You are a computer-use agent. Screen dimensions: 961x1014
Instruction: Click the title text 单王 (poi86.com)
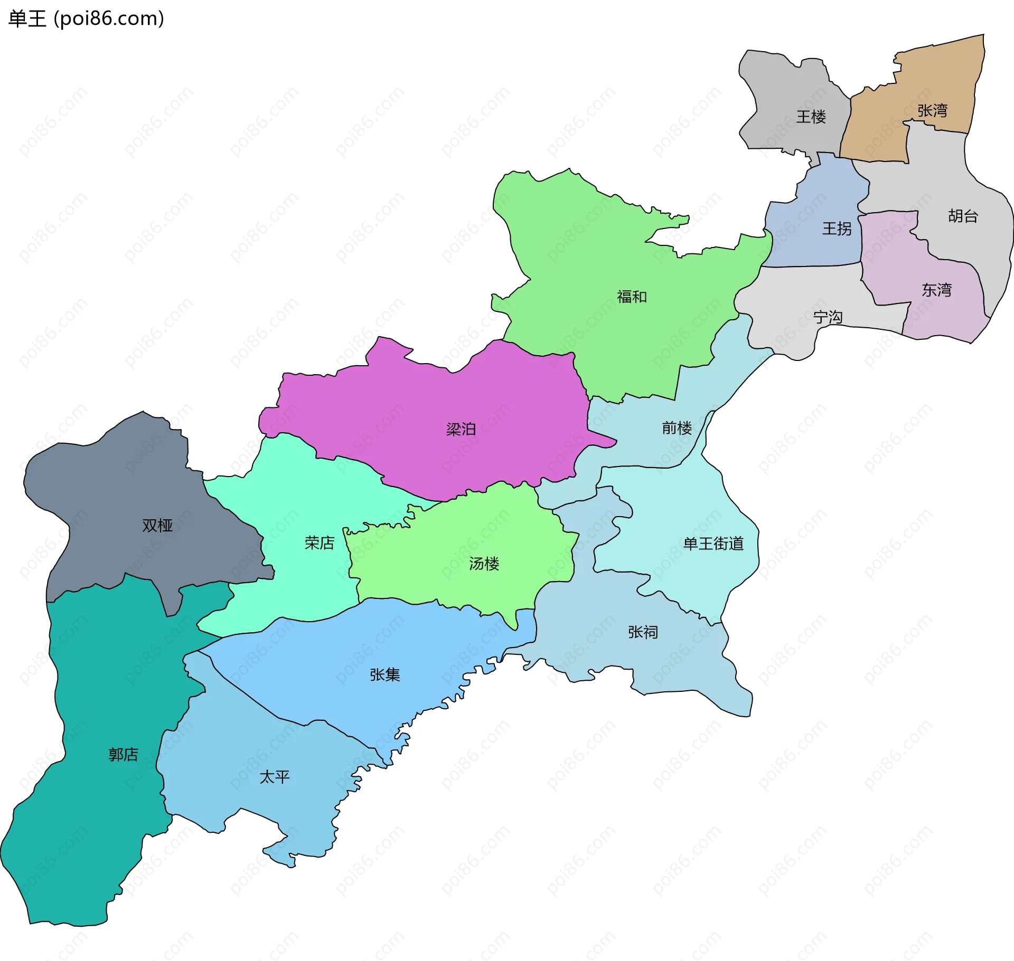pos(86,19)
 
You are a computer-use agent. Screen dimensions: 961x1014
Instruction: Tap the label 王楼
pos(811,117)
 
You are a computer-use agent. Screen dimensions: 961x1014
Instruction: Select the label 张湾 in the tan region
pos(932,111)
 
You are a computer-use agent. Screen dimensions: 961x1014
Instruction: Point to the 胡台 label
pos(963,216)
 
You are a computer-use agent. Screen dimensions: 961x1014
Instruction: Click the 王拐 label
pos(837,229)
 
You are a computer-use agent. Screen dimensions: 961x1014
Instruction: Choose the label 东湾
pos(936,290)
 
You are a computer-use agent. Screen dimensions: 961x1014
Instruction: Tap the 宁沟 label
pos(828,317)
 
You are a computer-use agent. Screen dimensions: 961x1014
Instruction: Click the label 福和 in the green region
pos(632,297)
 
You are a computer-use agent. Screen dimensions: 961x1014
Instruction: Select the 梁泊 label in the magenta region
pos(461,429)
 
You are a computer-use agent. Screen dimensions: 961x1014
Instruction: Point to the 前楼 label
pos(677,427)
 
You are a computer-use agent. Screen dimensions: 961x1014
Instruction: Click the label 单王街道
pos(713,544)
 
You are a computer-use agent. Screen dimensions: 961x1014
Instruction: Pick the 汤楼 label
pos(484,564)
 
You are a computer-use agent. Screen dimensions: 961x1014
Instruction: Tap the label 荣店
pos(319,543)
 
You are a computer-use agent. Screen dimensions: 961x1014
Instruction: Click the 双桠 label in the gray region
pos(157,525)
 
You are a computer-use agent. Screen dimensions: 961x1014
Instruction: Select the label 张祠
pos(643,632)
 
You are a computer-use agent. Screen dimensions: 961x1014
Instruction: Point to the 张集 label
pos(384,674)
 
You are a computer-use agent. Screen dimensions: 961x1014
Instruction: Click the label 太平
pos(274,777)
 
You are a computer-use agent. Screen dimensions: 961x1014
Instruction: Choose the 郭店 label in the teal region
pos(123,754)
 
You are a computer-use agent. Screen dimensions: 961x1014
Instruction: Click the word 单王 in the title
pos(27,19)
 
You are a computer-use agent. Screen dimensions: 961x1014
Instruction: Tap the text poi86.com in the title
pos(109,19)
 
